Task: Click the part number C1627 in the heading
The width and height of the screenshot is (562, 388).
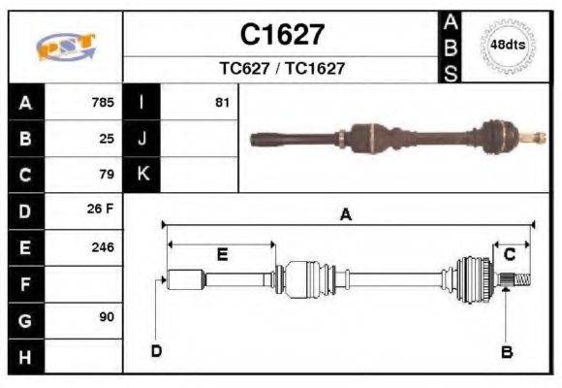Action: coord(282,35)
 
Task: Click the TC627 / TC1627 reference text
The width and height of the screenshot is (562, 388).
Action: coord(282,69)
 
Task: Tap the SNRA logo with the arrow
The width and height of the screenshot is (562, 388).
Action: coord(65,47)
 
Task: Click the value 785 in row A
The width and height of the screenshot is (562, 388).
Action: coord(102,102)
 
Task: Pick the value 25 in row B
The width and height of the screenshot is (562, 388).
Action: coord(107,138)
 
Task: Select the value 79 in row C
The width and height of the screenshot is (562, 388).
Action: coord(107,175)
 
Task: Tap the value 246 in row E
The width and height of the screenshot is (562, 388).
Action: coord(102,247)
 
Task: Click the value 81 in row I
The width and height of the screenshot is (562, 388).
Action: coord(222,102)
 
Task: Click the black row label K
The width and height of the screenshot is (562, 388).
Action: coord(142,175)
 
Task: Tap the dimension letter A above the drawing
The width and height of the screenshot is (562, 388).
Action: coord(345,215)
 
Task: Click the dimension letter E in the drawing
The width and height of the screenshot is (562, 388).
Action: coord(221,255)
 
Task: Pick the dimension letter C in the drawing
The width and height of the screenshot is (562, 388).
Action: coord(510,255)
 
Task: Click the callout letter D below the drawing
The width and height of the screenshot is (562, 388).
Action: coord(156,350)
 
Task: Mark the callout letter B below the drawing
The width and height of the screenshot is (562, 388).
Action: coord(506,351)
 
